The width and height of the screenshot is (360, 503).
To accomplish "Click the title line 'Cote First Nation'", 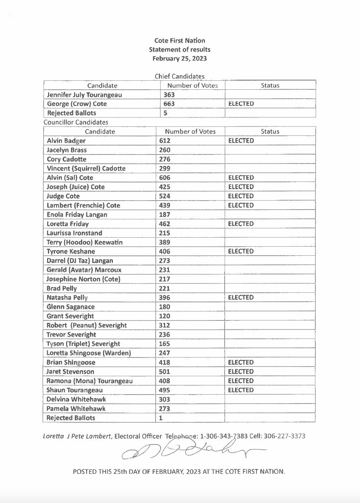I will pos(180,41).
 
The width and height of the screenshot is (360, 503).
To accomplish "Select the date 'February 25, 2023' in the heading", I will pos(180,59).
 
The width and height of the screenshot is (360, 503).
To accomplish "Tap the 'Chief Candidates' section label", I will pos(180,76).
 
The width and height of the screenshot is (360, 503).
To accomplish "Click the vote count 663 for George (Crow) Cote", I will pos(169,104).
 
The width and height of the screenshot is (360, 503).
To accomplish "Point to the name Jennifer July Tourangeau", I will pos(84,95).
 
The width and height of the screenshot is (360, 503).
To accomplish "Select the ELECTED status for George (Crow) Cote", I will pos(241,104).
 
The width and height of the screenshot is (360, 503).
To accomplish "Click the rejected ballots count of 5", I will pos(165,113).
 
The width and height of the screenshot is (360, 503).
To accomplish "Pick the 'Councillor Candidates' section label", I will pos(76,122).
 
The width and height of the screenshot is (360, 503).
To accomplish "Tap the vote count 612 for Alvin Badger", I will pos(165,141).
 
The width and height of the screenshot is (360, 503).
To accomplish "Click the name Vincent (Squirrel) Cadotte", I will pos(86,168).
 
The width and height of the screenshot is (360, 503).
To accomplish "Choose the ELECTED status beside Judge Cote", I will pos(241,196).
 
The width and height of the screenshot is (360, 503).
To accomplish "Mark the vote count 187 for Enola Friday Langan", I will pos(164,214).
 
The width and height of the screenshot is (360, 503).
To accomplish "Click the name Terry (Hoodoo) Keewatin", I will pos(84,242).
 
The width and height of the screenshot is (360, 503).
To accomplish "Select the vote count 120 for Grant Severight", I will pos(164,316).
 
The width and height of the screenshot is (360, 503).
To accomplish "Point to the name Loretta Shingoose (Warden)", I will pos(89,353).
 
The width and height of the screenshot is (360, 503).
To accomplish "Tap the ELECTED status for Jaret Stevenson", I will pos(241,372).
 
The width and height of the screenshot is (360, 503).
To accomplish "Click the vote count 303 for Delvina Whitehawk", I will pos(164,399).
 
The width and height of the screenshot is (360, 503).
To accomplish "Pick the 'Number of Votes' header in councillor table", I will pos(190,132).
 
